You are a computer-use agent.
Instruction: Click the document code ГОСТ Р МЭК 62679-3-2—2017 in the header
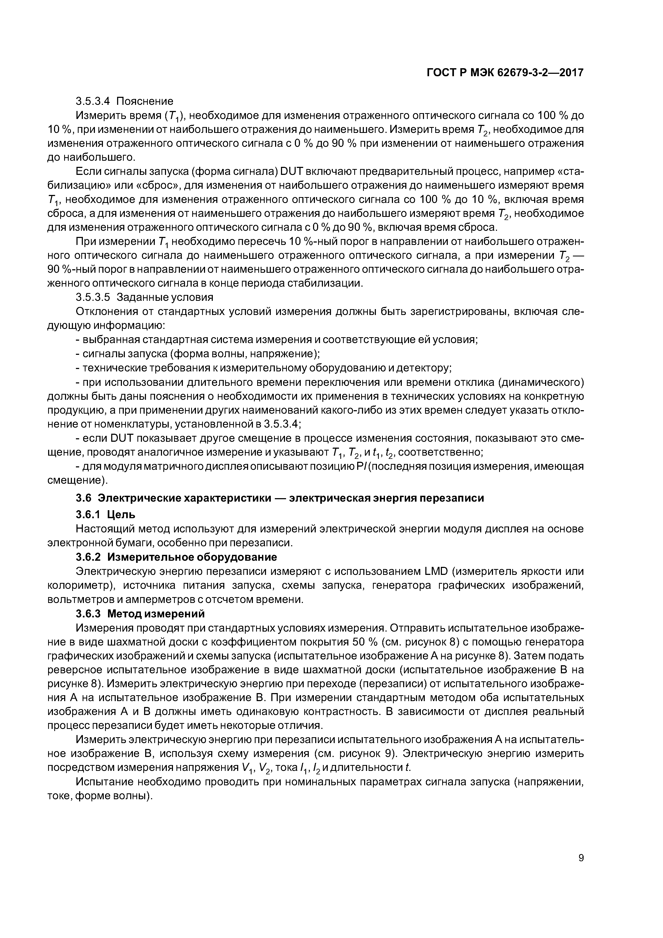[505, 73]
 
